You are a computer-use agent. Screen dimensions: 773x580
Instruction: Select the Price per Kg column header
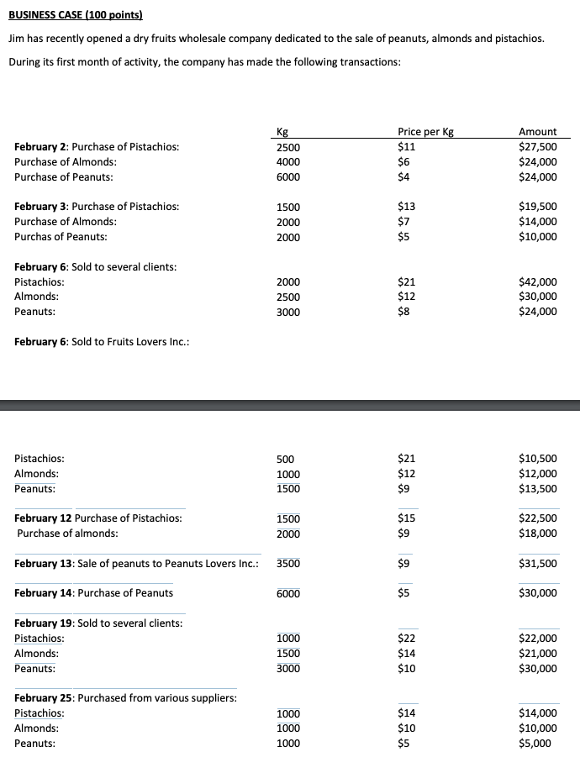425,132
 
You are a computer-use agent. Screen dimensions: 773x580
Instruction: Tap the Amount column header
538,132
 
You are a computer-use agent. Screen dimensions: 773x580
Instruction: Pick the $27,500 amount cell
538,147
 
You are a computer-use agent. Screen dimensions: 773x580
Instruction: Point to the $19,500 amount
538,207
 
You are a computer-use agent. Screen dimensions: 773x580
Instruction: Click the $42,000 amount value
538,282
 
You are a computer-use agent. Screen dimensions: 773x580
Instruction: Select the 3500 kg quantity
288,564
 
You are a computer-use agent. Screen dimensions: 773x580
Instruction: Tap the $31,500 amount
538,564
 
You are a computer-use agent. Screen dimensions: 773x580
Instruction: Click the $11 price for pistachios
406,147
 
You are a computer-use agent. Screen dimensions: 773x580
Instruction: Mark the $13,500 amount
538,489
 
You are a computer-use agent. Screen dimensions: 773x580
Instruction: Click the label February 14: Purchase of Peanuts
94,593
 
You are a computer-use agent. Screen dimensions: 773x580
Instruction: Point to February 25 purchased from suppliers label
126,698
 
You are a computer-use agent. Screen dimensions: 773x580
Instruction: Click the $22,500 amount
538,518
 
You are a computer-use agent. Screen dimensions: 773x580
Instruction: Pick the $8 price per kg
403,312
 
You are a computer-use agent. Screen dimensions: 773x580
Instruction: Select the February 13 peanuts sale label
136,564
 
